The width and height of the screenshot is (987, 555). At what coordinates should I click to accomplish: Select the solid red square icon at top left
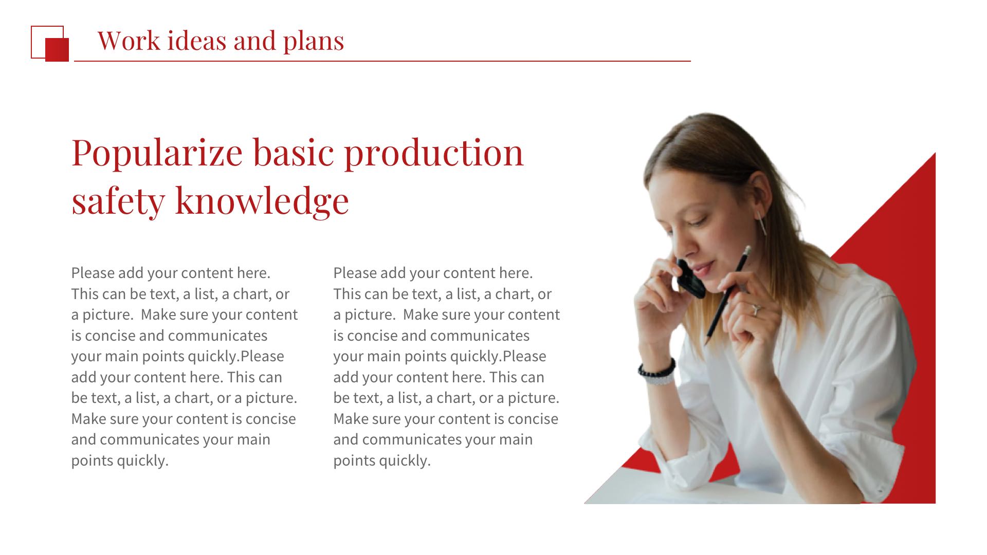(57, 50)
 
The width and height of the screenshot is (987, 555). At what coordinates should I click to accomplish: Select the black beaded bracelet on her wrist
(656, 368)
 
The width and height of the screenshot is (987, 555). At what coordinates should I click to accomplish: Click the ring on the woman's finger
(756, 309)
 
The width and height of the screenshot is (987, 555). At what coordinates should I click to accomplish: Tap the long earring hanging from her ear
(761, 223)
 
